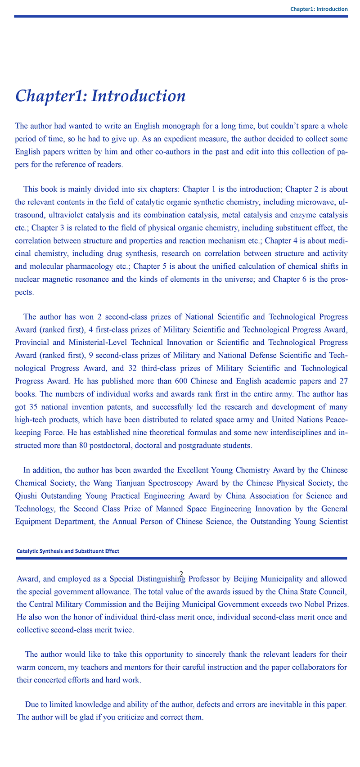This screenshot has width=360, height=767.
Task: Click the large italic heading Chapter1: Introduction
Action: [x=100, y=96]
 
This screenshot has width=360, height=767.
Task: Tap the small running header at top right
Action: [x=319, y=9]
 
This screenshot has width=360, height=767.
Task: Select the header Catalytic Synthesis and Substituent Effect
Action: [x=67, y=551]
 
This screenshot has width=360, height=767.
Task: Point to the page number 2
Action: [x=180, y=573]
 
